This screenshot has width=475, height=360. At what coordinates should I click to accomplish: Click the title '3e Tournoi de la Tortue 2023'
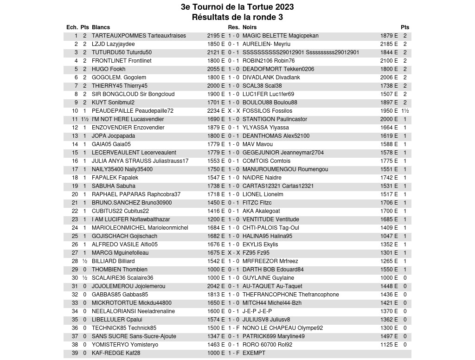click(237, 7)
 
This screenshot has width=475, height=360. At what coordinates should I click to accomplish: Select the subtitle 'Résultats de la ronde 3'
click(237, 17)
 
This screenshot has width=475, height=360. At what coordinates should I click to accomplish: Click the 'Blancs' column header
click(101, 27)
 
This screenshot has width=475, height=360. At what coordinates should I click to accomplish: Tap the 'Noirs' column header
click(250, 27)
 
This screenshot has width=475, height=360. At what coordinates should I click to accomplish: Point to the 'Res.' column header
click(233, 27)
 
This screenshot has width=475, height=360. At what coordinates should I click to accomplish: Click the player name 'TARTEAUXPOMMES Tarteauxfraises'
click(139, 36)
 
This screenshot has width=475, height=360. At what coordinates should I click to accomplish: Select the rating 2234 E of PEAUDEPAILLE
click(216, 111)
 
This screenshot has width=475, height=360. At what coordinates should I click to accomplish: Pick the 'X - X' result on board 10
click(233, 111)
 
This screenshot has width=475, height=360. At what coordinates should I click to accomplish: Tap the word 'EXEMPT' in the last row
click(254, 353)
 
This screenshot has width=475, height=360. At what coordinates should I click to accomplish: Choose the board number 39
click(75, 353)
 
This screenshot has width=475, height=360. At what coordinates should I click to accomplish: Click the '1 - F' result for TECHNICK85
click(233, 328)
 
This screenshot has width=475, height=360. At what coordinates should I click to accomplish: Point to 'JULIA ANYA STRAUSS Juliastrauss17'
click(140, 161)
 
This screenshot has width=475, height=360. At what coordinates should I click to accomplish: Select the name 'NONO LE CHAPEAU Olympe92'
click(282, 328)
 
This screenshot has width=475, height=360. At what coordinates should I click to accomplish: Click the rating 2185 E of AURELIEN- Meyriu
click(389, 44)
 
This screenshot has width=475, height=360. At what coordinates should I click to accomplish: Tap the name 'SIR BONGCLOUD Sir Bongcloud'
click(133, 94)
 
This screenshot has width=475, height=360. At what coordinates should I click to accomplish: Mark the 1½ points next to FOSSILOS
click(405, 111)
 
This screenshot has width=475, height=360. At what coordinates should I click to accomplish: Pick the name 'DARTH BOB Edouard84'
click(273, 270)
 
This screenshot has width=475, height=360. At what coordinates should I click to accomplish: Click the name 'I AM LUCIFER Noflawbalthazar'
click(131, 219)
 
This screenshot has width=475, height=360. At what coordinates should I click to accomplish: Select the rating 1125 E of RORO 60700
click(389, 345)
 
